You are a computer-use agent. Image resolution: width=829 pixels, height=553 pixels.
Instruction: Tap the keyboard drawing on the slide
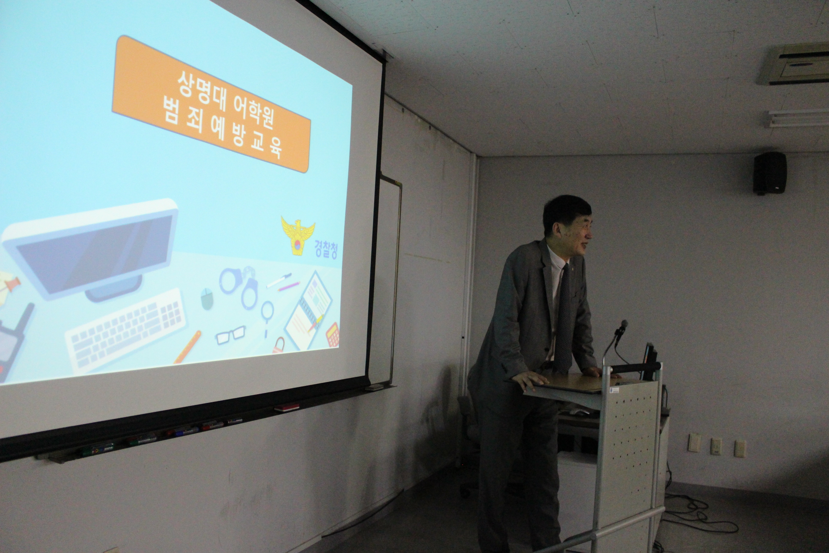(x=126, y=331)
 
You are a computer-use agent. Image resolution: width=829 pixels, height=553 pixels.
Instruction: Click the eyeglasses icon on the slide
(x=230, y=335)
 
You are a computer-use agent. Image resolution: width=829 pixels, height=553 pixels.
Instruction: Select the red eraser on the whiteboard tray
(x=287, y=408)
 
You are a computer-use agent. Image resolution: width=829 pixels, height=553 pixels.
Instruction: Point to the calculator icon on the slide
(x=332, y=334)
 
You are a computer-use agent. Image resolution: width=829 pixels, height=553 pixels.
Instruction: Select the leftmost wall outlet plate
(x=694, y=442)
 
